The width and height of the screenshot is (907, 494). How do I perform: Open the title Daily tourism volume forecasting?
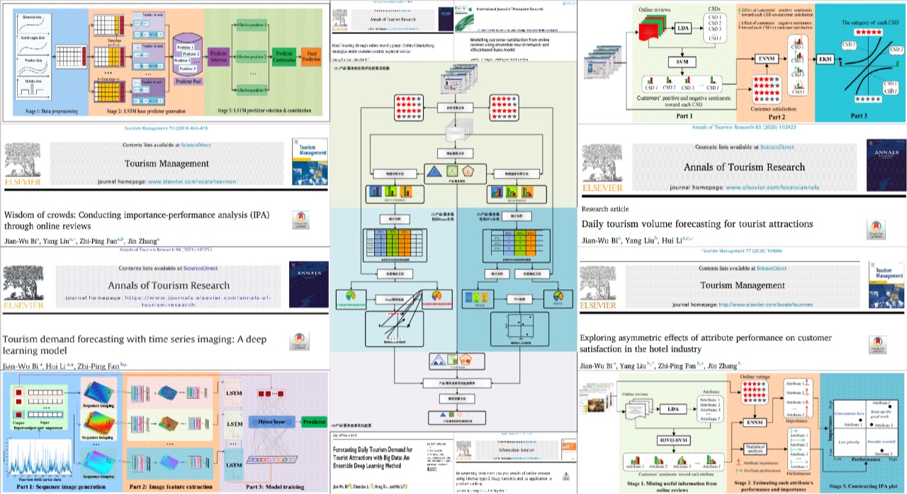click(x=697, y=224)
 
